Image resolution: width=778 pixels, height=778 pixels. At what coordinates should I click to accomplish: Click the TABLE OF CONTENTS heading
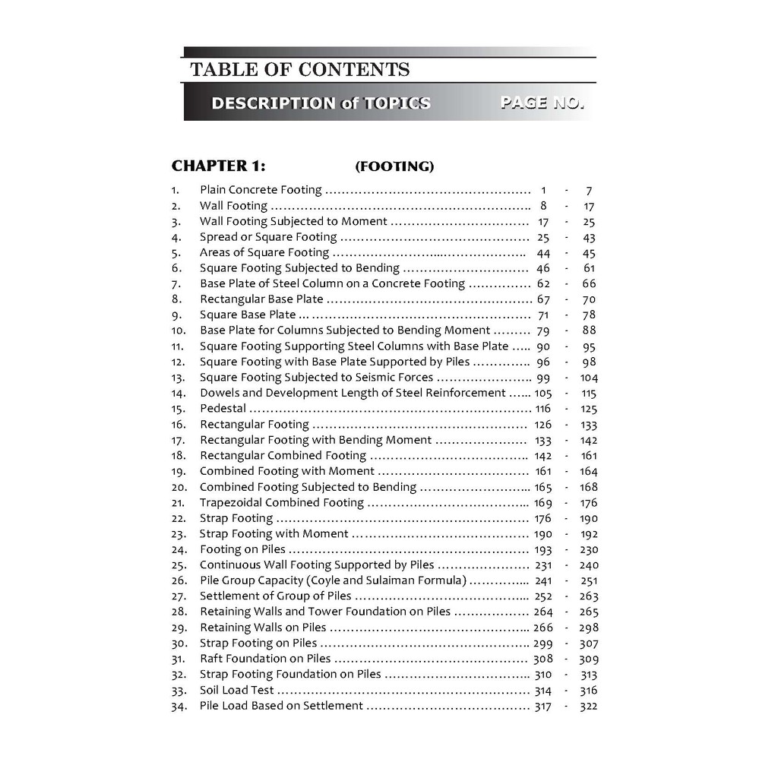click(299, 70)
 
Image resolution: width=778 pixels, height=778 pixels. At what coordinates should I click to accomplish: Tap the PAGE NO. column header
click(542, 103)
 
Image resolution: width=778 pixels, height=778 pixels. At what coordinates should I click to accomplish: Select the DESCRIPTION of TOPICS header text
click(321, 103)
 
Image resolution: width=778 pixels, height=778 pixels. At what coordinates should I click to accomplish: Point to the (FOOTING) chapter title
click(394, 166)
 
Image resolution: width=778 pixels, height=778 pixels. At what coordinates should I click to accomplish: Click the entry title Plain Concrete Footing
click(261, 190)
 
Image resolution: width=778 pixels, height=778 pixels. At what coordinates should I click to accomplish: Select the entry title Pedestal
click(223, 409)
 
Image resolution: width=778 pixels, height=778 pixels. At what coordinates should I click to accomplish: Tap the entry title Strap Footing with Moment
click(274, 534)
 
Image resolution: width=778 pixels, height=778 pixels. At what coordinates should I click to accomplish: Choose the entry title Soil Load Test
click(237, 691)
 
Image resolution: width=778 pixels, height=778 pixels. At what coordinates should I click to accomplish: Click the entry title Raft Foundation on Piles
click(265, 659)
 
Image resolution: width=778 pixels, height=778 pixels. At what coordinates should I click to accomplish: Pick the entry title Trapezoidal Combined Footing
click(281, 503)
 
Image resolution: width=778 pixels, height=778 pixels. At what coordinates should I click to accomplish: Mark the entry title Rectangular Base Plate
click(261, 299)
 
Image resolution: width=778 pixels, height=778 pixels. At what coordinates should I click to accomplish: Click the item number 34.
click(179, 707)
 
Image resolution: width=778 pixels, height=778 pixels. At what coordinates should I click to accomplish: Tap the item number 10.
click(179, 330)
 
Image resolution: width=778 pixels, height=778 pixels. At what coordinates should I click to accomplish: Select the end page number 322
click(588, 707)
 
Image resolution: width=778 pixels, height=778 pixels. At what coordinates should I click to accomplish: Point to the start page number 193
click(543, 550)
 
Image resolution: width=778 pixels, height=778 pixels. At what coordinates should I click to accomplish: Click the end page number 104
click(588, 378)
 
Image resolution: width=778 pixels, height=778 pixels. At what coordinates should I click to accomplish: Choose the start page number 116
click(543, 409)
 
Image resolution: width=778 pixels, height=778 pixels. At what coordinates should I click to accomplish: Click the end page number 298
click(588, 628)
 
